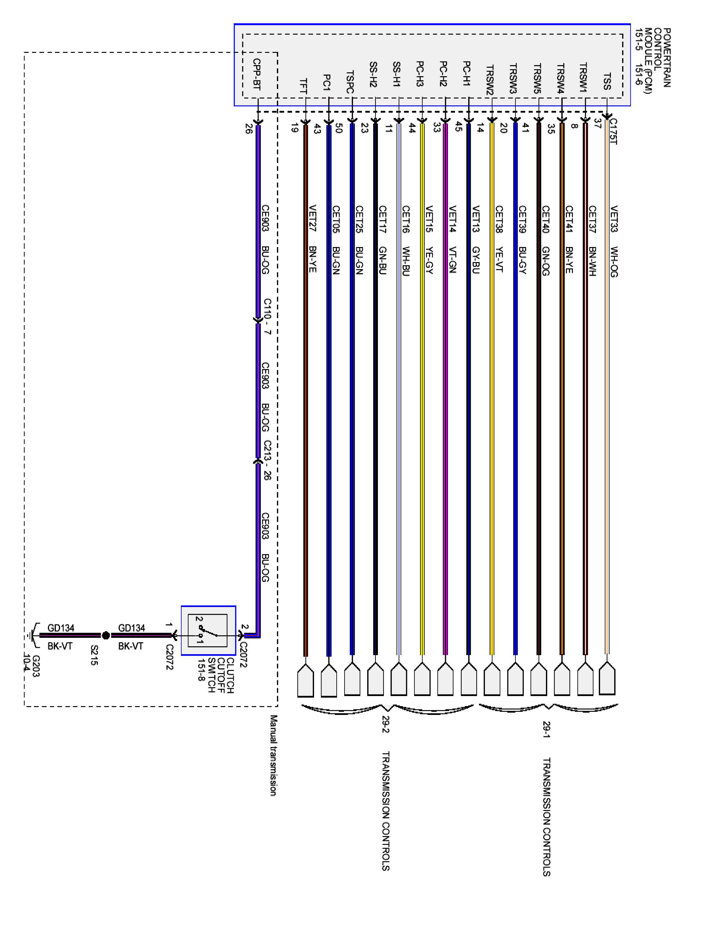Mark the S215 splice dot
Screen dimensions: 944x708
point(106,635)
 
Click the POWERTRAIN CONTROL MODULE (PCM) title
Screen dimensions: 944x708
point(653,58)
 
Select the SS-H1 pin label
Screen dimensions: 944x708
point(396,75)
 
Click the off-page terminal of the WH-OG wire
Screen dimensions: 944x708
point(607,678)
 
